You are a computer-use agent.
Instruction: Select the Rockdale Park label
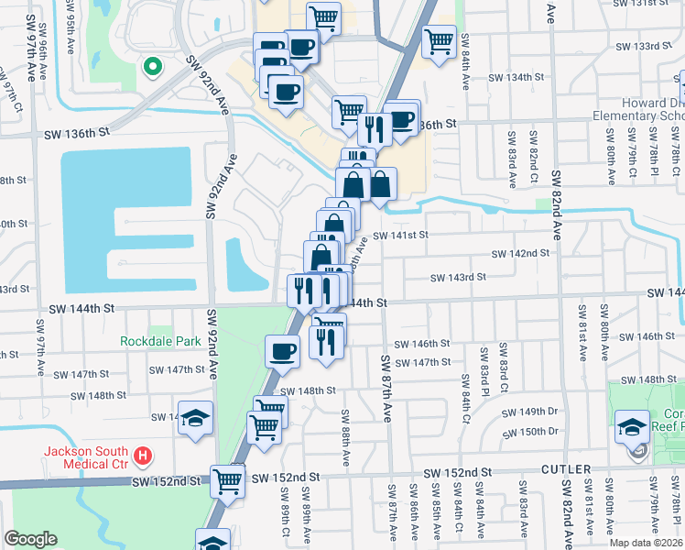(x=160, y=341)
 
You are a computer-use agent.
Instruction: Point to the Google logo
(x=30, y=539)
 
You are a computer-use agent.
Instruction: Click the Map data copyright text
(x=647, y=543)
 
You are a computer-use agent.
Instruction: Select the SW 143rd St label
(x=458, y=277)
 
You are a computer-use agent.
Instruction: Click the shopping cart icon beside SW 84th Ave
(x=439, y=40)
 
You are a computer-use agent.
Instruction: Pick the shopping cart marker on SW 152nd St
(x=227, y=479)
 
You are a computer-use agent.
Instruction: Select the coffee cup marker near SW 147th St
(x=282, y=351)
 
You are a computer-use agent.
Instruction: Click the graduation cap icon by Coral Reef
(x=633, y=426)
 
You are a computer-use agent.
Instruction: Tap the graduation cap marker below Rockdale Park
(x=195, y=418)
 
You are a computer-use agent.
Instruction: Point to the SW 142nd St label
(x=520, y=253)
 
